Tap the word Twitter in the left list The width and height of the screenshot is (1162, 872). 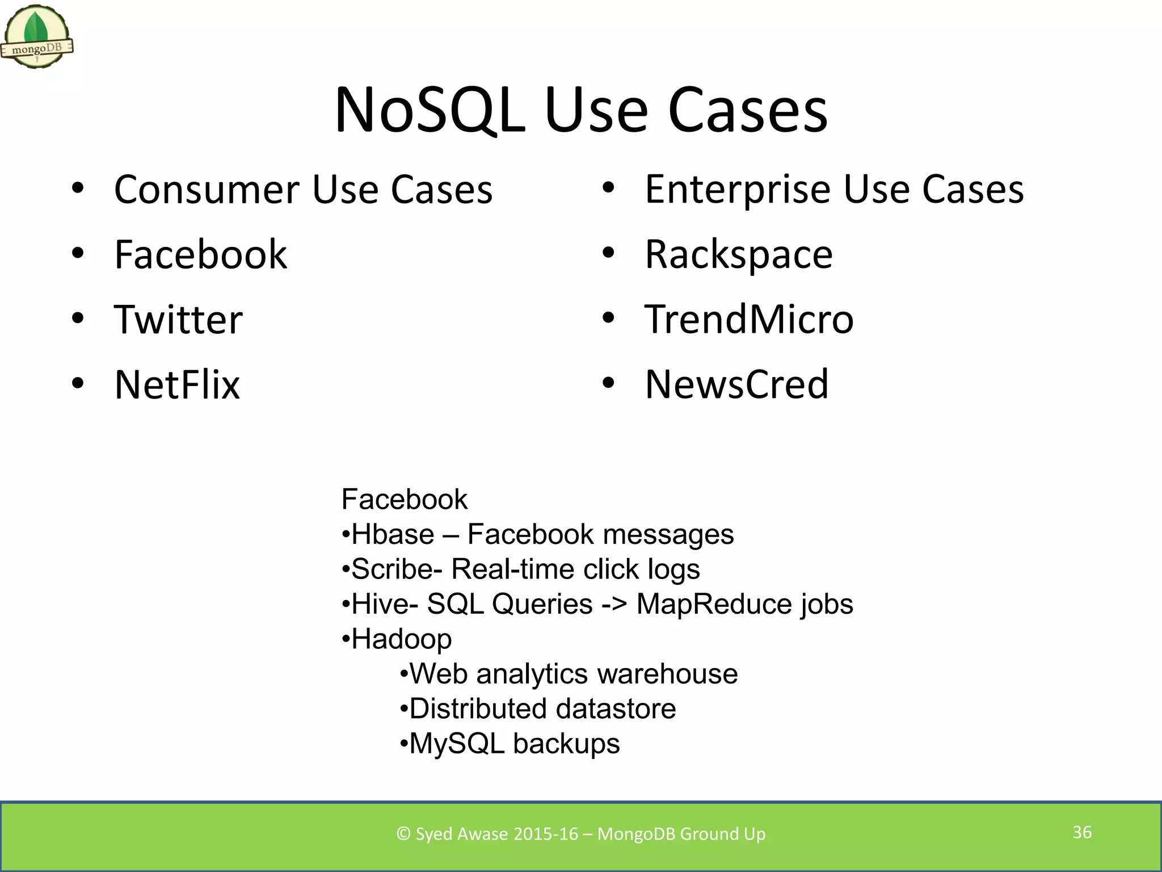(x=178, y=319)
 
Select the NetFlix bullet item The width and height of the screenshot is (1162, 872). (x=177, y=384)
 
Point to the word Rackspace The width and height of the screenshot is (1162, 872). (x=739, y=254)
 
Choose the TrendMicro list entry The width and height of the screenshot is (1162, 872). (x=749, y=319)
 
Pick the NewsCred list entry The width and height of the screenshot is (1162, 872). (x=736, y=384)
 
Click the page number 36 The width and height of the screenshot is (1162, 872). (x=1082, y=832)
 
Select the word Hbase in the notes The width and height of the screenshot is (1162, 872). (x=393, y=535)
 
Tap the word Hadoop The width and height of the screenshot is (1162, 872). (x=402, y=639)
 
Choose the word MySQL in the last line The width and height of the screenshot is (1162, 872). (x=457, y=744)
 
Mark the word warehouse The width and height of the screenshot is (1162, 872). (x=667, y=674)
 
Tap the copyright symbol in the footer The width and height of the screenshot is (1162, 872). (x=403, y=833)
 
